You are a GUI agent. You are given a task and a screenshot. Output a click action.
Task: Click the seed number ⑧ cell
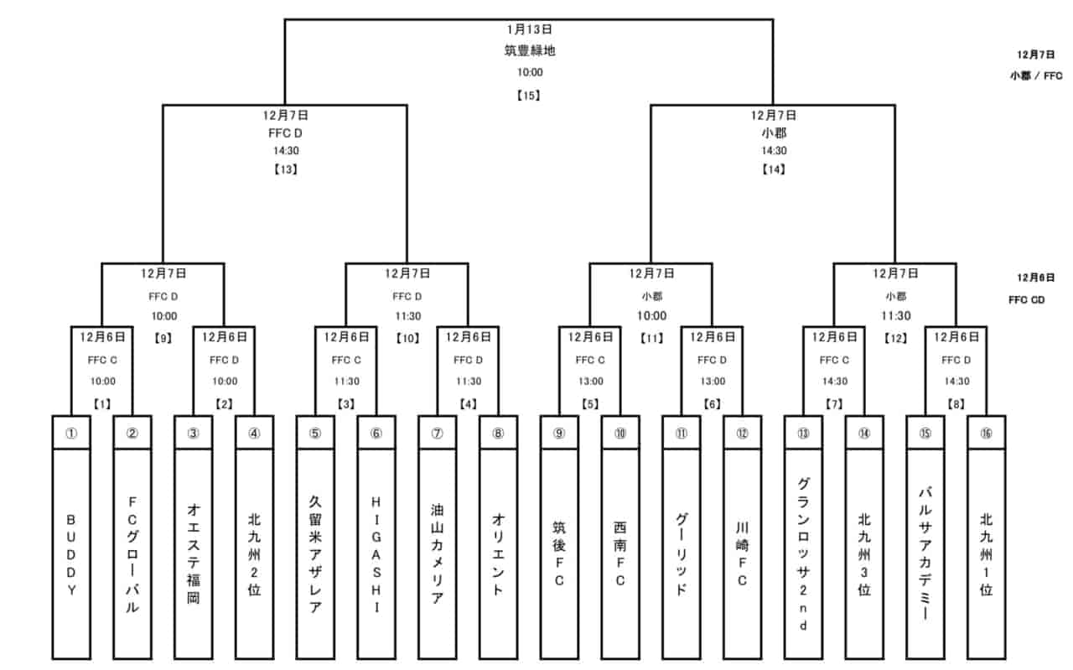pos(498,433)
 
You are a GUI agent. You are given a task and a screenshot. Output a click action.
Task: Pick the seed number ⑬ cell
pos(803,433)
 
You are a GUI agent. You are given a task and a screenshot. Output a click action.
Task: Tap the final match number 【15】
pos(528,95)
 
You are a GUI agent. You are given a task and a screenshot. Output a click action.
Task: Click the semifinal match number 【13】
pos(285,169)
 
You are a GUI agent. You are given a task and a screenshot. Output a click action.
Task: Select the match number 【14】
pos(773,169)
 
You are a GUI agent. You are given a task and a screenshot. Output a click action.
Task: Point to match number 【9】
pos(163,340)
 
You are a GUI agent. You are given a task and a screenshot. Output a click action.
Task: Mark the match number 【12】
pos(895,340)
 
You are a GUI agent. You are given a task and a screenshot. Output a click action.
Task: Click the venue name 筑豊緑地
pos(529,50)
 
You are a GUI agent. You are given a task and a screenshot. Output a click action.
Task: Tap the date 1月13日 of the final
pos(528,29)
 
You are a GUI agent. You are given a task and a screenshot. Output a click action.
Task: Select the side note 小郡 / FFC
pos(1036,75)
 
